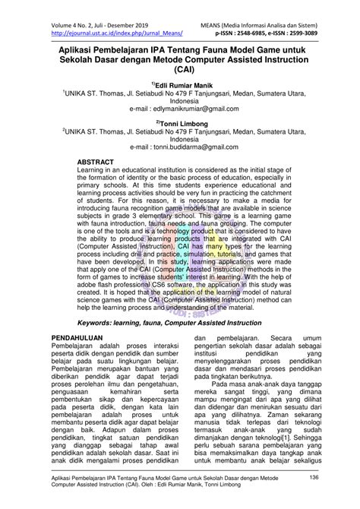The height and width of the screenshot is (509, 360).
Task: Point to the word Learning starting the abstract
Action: [95, 172]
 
